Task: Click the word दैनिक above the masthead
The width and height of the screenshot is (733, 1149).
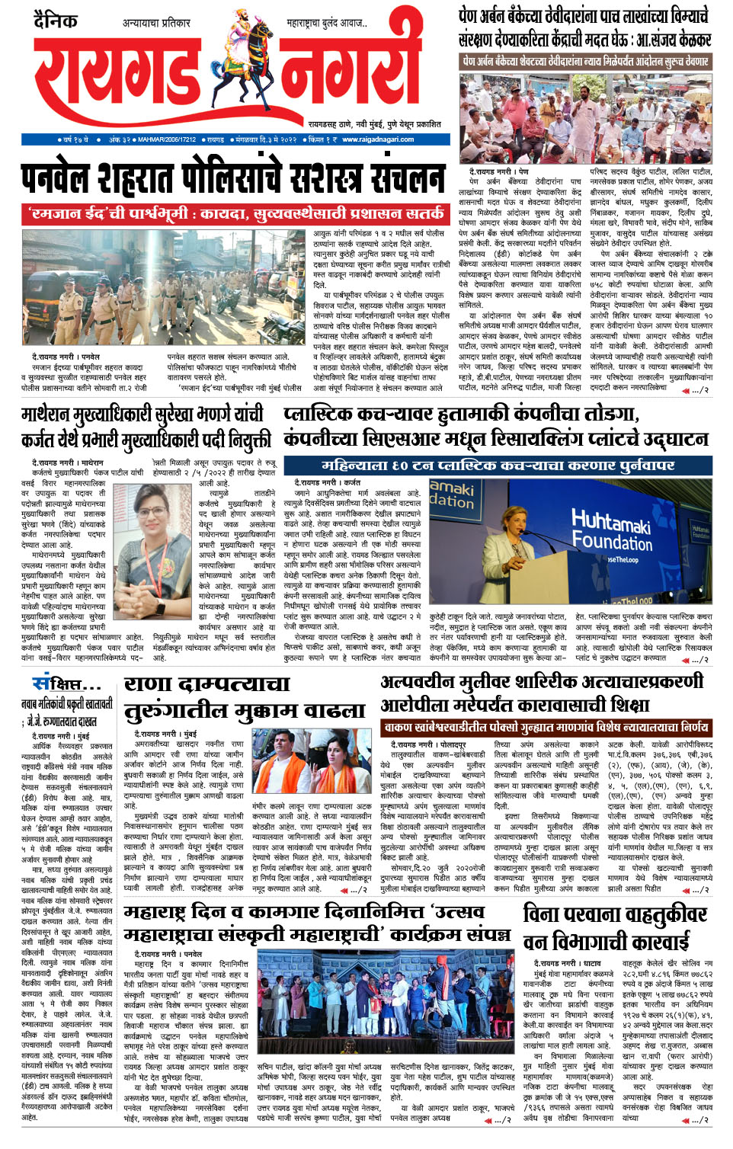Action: coord(56,21)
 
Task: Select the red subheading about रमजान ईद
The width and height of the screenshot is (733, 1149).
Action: coord(236,213)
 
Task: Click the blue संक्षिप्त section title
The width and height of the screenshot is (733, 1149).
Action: coord(66,683)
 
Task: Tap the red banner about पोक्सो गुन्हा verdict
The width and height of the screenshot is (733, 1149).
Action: coord(546,727)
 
